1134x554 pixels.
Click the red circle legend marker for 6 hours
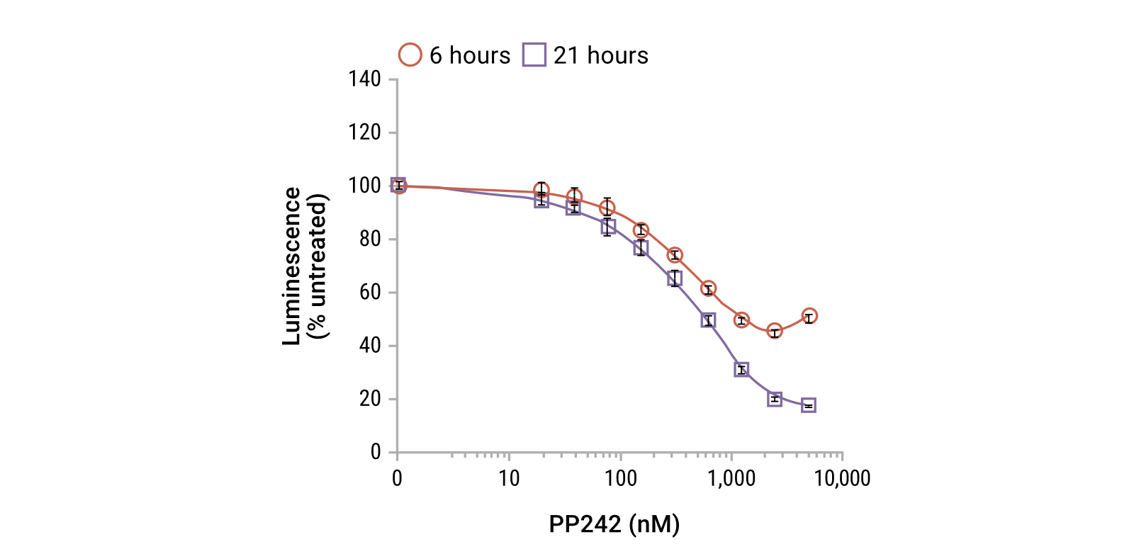coord(410,55)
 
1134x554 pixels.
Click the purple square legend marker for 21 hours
coord(534,55)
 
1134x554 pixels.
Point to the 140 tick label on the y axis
coord(364,79)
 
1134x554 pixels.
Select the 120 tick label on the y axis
coord(364,132)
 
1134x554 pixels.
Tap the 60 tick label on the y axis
coord(370,292)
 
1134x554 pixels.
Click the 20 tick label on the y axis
coord(370,399)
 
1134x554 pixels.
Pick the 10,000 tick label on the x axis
coord(842,479)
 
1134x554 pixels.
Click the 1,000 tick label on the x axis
coord(731,479)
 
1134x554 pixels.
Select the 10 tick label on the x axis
coord(509,479)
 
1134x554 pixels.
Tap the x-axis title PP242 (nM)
coord(614,524)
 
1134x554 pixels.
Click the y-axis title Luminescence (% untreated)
coord(305,266)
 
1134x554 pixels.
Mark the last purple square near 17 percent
coord(809,405)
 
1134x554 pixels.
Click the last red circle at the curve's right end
coord(809,317)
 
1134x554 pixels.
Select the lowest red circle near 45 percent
coord(775,332)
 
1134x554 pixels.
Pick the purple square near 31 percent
coord(741,370)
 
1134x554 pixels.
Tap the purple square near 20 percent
coord(775,399)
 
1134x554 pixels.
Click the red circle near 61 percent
coord(708,289)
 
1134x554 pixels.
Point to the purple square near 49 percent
coord(708,320)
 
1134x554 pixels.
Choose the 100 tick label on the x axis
coord(620,479)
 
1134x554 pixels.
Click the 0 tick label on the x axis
coord(397,479)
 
